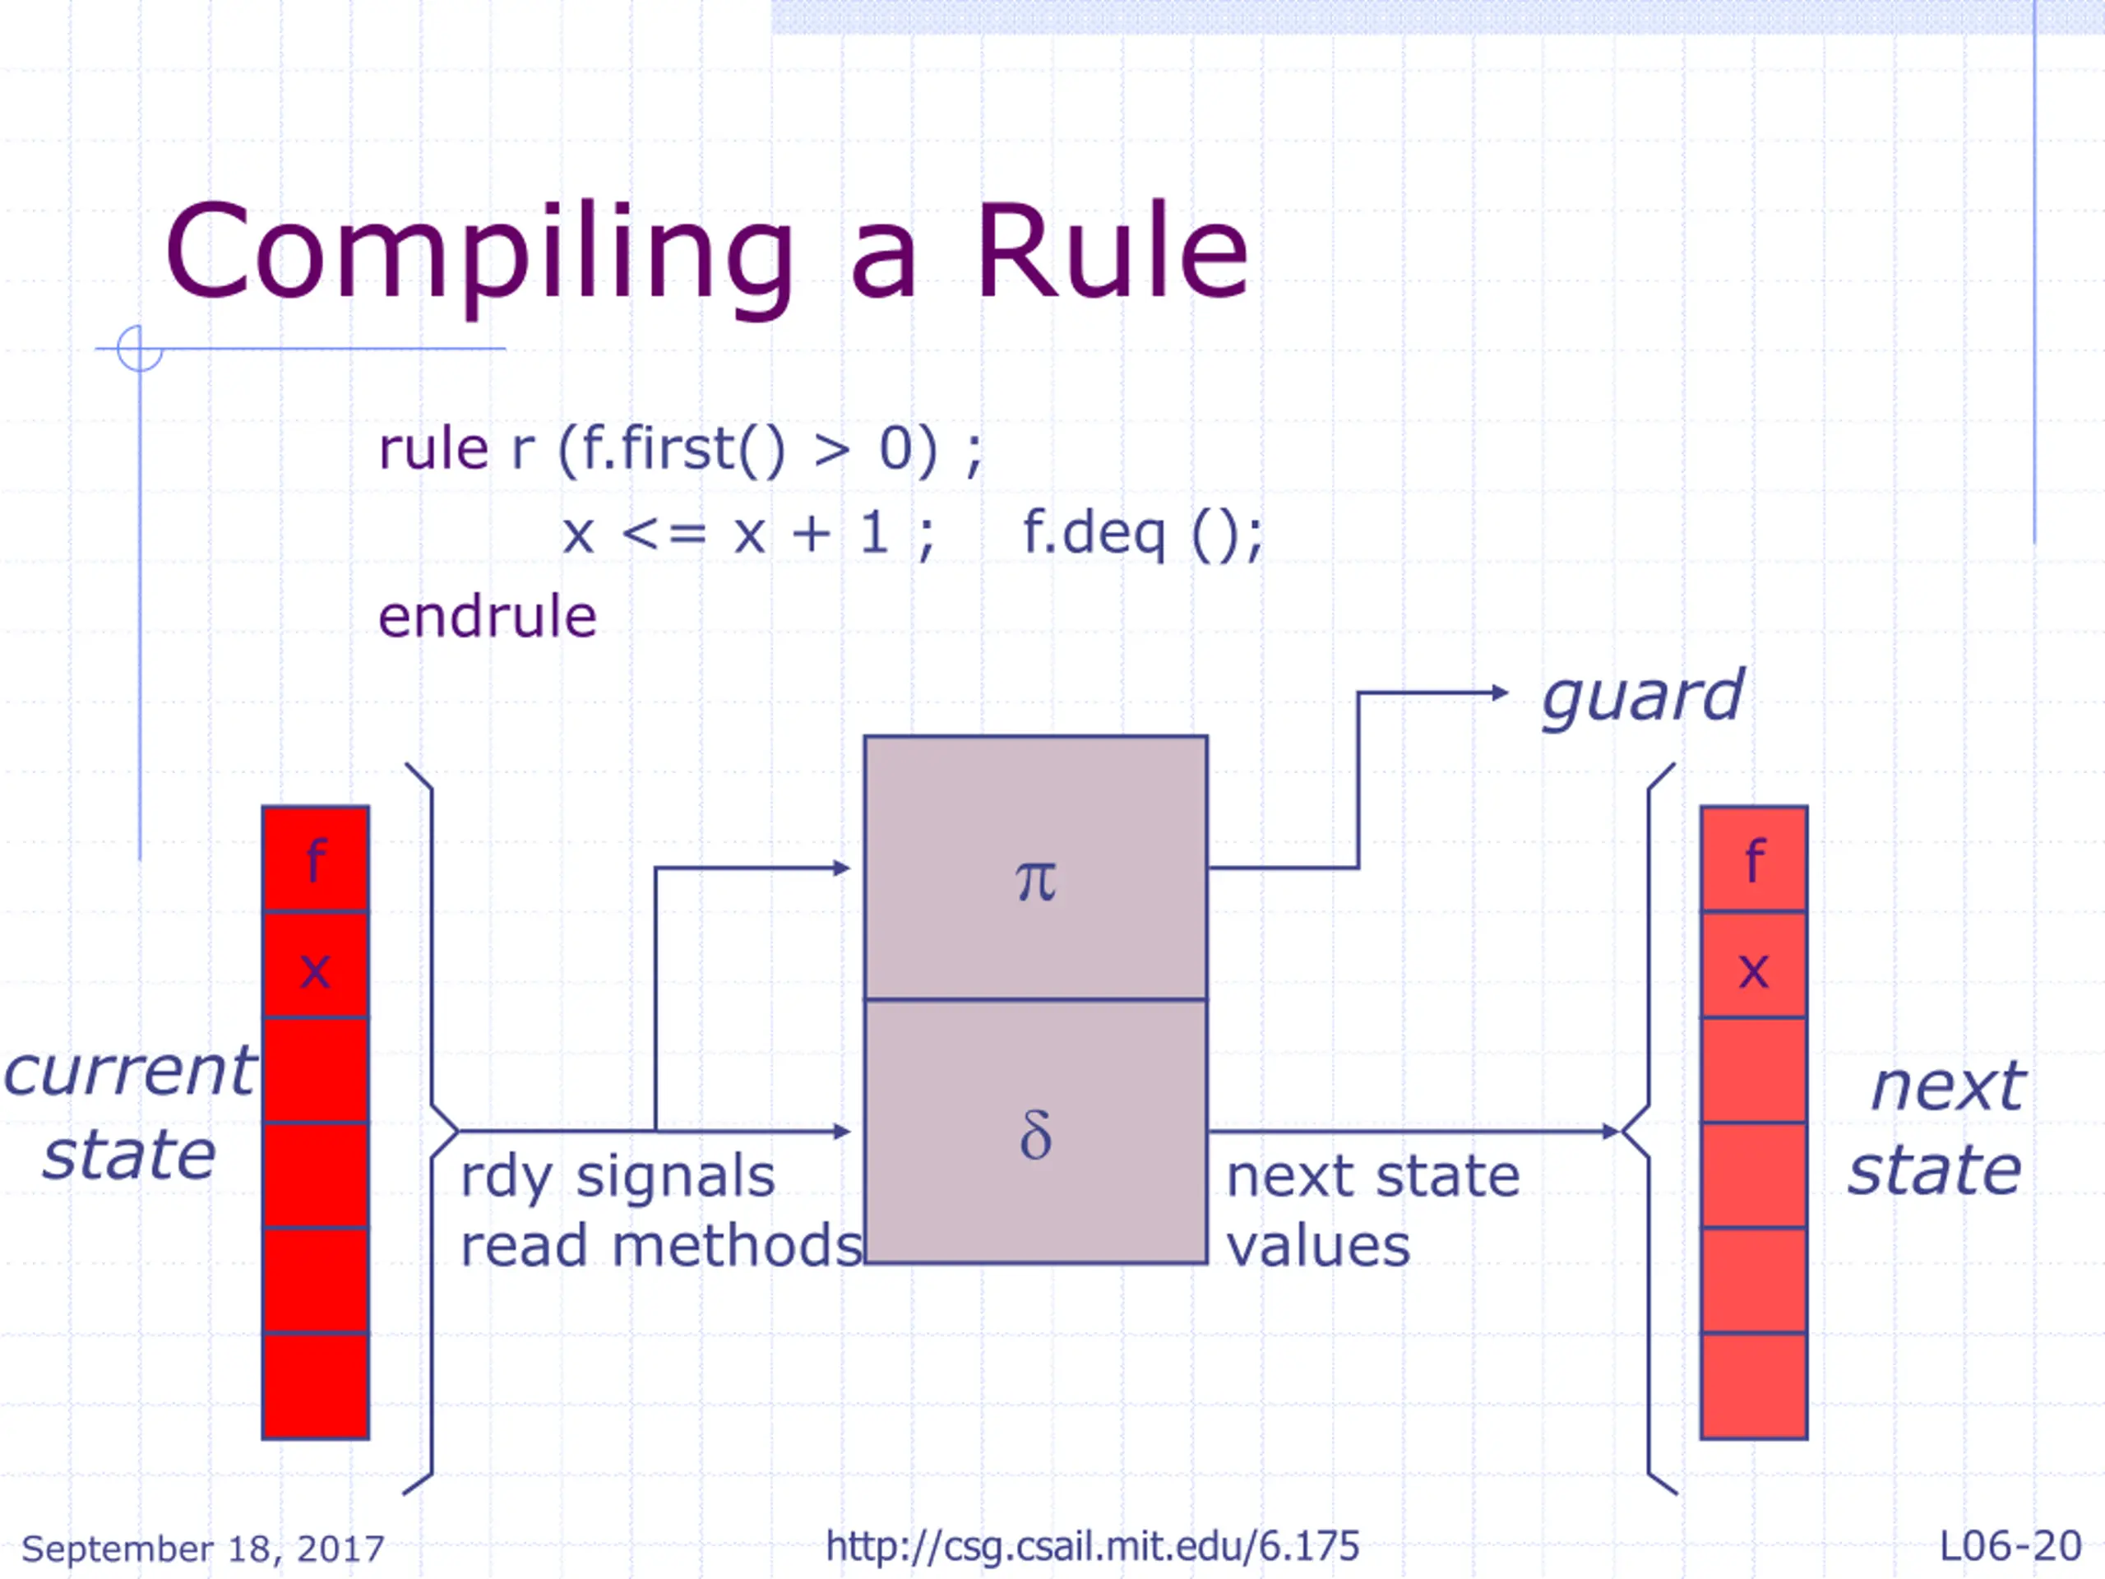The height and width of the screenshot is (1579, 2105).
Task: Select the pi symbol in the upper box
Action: click(x=1035, y=881)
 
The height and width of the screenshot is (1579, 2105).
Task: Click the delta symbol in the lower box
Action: click(x=1035, y=1135)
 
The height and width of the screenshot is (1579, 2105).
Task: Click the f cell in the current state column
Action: click(x=316, y=859)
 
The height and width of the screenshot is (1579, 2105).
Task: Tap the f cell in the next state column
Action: click(x=1754, y=859)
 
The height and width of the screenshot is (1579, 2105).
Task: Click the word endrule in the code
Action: click(x=488, y=617)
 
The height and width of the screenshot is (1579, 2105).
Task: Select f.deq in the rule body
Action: click(x=1094, y=533)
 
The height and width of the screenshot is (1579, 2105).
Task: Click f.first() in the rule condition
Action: click(x=683, y=449)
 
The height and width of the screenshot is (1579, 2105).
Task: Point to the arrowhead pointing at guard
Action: click(x=1500, y=693)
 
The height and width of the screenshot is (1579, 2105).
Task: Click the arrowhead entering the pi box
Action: click(x=841, y=868)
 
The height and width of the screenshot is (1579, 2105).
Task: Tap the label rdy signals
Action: click(x=618, y=1178)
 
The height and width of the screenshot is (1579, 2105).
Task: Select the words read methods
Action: click(x=661, y=1247)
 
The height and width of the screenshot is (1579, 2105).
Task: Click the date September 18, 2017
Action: click(x=203, y=1549)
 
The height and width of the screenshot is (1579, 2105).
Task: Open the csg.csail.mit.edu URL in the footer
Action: click(x=1093, y=1547)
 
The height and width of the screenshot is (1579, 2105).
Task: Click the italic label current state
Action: click(x=131, y=1113)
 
